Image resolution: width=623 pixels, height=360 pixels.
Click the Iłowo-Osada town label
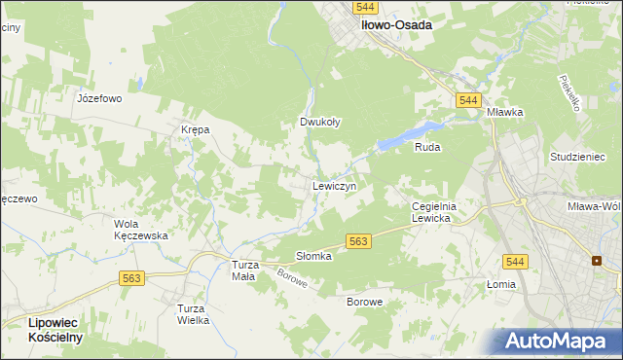click(396, 26)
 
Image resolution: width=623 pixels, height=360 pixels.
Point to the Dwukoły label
click(319, 123)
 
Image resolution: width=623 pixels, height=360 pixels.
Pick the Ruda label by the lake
click(427, 148)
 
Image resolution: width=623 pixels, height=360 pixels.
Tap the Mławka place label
click(505, 112)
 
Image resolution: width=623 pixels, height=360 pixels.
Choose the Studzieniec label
click(577, 157)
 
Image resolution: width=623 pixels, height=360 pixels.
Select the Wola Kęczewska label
click(142, 230)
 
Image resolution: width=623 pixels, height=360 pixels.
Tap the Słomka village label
click(314, 256)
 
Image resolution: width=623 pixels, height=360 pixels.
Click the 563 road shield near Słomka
click(358, 241)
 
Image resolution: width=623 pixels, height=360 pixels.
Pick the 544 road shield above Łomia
click(516, 261)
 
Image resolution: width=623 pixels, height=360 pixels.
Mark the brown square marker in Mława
click(596, 260)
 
